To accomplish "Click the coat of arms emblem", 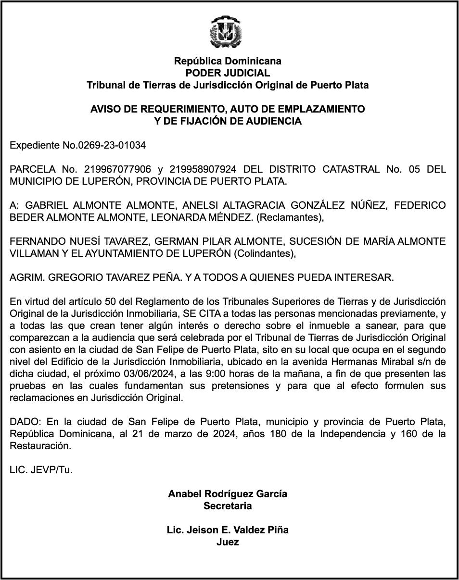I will tap(227, 33).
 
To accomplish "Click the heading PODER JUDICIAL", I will tap(228, 73).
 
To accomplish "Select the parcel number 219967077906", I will tap(117, 169).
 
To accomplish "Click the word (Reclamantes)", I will tap(290, 217).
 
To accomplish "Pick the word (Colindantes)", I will tap(265, 253).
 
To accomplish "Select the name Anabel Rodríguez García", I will tap(228, 494).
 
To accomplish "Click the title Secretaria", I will tap(228, 506).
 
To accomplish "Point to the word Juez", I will tap(228, 542).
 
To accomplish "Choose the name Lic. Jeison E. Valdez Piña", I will tap(228, 530).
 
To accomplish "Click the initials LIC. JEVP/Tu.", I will tap(41, 470).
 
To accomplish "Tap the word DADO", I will tap(25, 422).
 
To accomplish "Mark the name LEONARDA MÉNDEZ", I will tap(202, 217).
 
